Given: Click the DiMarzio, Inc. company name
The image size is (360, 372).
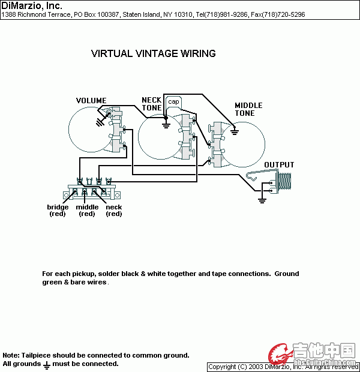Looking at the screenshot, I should [31, 6].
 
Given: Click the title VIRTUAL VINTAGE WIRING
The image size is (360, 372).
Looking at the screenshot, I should [153, 53].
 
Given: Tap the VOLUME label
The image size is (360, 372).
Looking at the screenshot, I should [91, 101].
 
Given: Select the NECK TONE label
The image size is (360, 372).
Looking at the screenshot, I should [151, 104].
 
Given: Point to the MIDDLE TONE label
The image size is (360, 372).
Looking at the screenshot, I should [248, 109].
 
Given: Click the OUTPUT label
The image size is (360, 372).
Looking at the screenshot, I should [280, 165].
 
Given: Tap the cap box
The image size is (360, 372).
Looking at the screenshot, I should [173, 101].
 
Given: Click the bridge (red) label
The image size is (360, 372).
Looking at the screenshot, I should [58, 211].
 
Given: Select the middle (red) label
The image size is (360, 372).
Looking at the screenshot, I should [87, 211].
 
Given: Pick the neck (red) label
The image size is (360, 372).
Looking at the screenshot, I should [113, 211].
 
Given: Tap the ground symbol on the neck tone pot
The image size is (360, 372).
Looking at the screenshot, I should [166, 125].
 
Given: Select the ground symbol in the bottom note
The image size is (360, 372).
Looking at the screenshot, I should [46, 364].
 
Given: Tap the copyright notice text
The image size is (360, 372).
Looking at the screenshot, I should [283, 367].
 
